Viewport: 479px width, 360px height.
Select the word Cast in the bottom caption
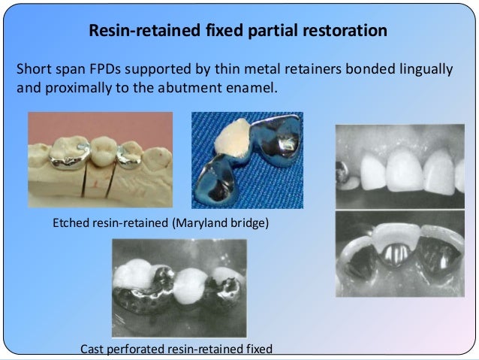coord(92,348)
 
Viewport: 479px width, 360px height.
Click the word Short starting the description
coord(32,71)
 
